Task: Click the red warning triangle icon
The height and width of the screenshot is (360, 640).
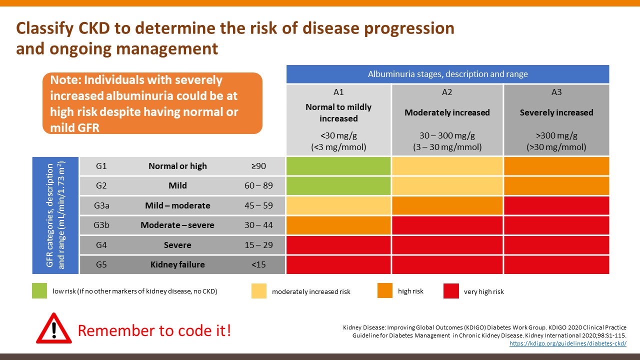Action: (54, 328)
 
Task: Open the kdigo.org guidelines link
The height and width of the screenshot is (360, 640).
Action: (567, 343)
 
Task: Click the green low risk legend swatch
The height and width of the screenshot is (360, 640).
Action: (40, 291)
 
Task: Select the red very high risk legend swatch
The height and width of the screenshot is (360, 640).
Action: (451, 291)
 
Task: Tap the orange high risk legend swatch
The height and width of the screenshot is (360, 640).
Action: (385, 290)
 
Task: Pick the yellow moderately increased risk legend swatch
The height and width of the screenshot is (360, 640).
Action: (259, 291)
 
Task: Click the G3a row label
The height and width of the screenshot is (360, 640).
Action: (101, 205)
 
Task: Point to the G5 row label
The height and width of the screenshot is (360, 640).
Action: (101, 264)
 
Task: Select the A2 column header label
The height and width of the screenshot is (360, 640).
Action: (447, 92)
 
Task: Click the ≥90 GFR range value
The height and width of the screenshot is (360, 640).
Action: (258, 166)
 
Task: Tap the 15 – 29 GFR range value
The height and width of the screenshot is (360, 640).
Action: (258, 245)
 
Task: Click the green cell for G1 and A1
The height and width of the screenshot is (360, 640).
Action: (338, 166)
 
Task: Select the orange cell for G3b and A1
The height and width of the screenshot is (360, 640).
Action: (338, 225)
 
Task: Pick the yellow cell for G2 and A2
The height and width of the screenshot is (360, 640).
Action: (447, 185)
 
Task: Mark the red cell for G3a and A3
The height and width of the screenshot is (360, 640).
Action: (556, 205)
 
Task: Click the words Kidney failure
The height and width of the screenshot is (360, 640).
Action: (177, 264)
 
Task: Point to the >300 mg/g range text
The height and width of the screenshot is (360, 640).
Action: (556, 135)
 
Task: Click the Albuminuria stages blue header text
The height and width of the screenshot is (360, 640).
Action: (447, 74)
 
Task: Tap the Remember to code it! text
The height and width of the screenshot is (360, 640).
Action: (154, 330)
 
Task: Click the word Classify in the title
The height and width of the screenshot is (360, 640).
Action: (44, 28)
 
